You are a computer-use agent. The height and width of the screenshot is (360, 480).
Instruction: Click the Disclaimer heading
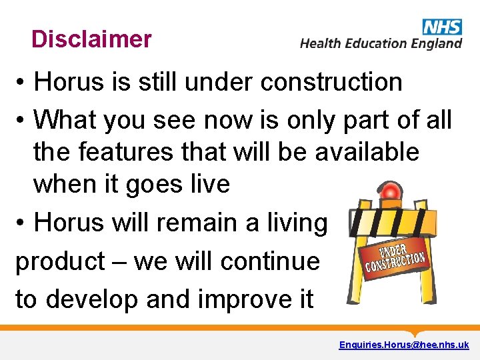(91, 39)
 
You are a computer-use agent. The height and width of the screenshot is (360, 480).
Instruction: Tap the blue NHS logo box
(441, 26)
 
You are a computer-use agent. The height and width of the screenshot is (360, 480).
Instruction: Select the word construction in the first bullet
(331, 82)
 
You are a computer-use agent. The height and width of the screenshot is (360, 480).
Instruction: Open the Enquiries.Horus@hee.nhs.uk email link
(403, 345)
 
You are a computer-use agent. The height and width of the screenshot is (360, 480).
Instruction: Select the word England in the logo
(436, 43)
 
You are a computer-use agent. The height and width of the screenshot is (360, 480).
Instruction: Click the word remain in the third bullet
(199, 222)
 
